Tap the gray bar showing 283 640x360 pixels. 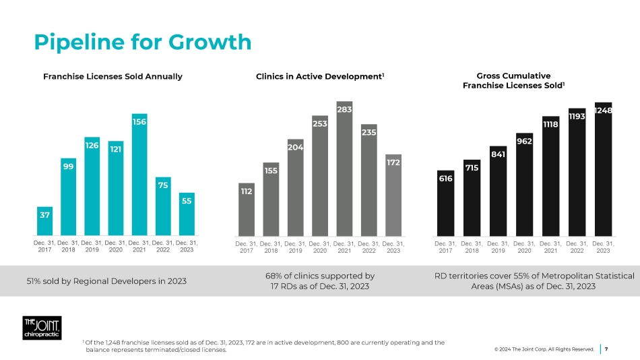click(x=344, y=169)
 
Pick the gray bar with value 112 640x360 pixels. click(x=247, y=210)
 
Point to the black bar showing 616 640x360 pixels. click(x=445, y=203)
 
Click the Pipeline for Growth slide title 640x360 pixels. click(x=143, y=42)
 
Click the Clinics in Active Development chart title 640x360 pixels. click(x=320, y=76)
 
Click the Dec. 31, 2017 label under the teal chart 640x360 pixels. click(x=44, y=247)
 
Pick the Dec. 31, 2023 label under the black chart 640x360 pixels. click(x=603, y=247)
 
